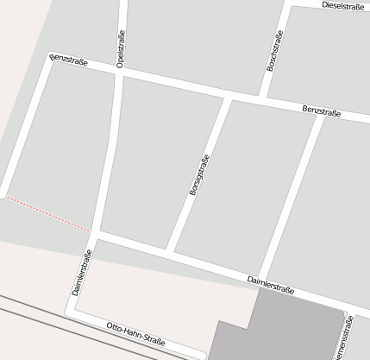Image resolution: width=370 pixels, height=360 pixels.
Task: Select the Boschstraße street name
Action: click(x=273, y=51)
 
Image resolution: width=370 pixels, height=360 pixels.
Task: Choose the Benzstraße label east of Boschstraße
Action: click(x=321, y=112)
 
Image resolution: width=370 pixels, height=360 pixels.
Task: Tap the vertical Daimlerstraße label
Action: click(x=81, y=273)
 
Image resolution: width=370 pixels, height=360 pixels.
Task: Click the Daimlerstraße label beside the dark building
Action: click(x=270, y=287)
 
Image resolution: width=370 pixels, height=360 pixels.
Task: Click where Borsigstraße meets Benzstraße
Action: click(x=229, y=98)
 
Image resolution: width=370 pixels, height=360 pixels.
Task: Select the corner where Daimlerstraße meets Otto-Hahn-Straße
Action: click(x=72, y=313)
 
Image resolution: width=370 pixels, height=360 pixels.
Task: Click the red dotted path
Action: click(x=47, y=213)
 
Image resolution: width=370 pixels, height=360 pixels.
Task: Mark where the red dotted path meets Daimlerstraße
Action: click(x=91, y=231)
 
